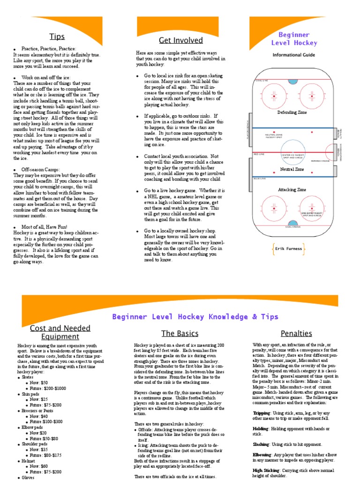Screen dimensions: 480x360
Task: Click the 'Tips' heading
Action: pos(57,37)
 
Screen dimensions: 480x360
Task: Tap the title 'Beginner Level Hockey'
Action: pos(294,38)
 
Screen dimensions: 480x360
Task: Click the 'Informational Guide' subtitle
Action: pos(294,55)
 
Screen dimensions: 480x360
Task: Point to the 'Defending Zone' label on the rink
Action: pos(292,112)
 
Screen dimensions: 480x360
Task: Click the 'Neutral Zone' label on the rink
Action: pos(292,169)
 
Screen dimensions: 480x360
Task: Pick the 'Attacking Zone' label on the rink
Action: pos(292,189)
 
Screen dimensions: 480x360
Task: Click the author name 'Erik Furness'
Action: pos(288,248)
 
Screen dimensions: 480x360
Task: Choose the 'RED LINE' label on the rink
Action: pos(259,154)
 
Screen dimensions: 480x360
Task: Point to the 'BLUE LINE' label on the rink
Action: pos(259,179)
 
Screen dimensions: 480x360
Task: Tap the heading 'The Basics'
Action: pos(180,333)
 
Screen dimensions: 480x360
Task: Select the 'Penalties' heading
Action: pos(296,333)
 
